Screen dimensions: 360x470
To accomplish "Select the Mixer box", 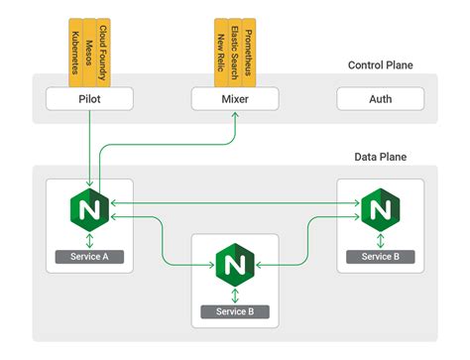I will tap(235, 100).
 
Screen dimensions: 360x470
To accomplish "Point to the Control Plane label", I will tap(380, 65).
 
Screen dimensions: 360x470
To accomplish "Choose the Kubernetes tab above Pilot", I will tap(75, 46).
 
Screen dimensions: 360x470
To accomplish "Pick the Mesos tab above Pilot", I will tap(90, 46).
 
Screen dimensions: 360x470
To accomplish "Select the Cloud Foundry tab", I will tap(104, 46).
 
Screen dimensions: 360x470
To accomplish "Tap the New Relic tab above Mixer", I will tap(220, 46).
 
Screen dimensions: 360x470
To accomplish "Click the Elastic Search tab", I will tap(234, 46).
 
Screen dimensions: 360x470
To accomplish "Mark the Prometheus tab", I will tap(249, 46).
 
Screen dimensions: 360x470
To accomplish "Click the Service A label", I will tap(89, 257).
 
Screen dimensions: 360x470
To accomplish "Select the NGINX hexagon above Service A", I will tap(90, 210).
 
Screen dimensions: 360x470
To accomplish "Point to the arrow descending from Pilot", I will tap(90, 149).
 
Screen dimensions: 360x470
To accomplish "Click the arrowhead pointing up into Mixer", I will tap(235, 116).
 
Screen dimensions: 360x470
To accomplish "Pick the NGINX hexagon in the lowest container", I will tap(235, 265).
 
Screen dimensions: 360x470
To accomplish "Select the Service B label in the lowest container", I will tap(235, 311).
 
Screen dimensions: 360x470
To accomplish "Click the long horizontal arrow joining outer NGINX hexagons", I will tap(234, 203).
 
